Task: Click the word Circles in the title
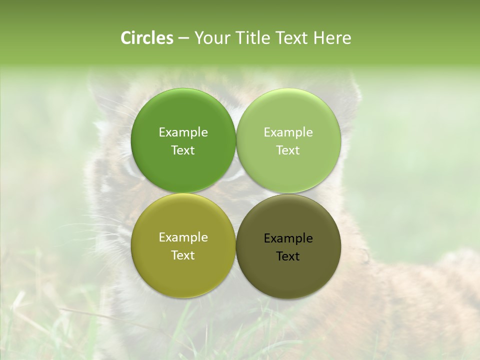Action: [146, 38]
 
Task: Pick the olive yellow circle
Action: [183, 270]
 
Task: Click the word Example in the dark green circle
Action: [183, 132]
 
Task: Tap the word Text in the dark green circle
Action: [183, 150]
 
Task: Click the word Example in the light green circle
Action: [288, 132]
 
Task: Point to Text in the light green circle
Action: [288, 150]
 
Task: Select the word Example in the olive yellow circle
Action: [183, 237]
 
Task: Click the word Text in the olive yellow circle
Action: [183, 255]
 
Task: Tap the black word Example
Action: [288, 238]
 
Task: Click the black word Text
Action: [288, 256]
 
